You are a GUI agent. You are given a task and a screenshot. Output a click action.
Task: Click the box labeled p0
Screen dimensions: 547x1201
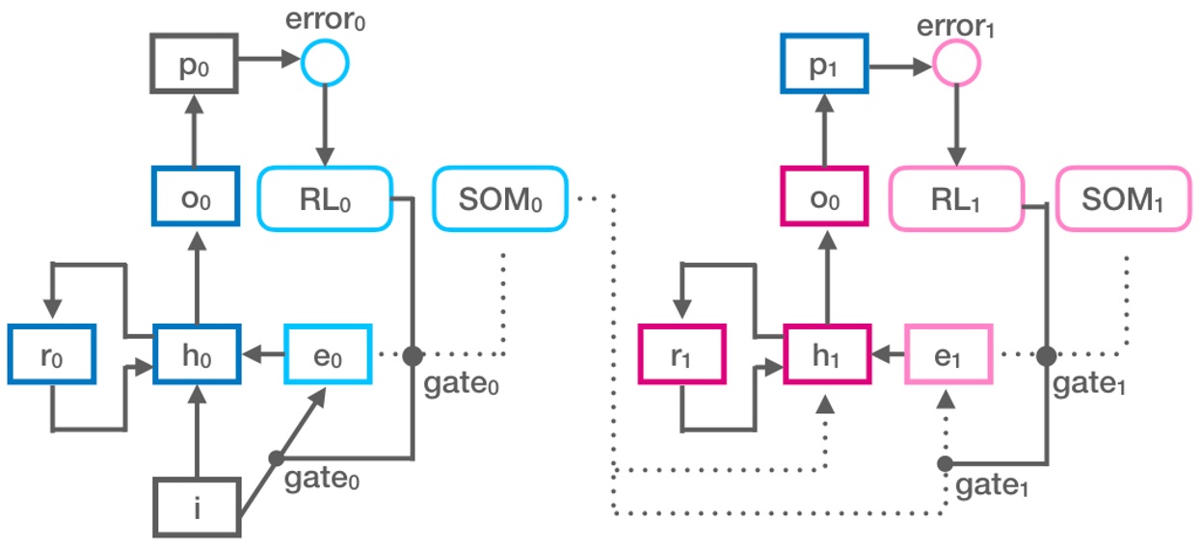point(196,66)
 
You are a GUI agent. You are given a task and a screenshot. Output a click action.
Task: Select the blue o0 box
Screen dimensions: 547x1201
point(196,198)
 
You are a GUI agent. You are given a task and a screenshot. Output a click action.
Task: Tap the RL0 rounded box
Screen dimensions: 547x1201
point(325,199)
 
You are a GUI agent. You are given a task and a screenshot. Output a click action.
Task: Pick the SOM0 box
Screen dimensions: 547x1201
point(501,199)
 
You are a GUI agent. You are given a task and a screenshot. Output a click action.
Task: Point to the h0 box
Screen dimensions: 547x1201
point(196,354)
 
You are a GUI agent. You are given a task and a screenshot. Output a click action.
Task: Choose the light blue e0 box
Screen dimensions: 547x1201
point(328,354)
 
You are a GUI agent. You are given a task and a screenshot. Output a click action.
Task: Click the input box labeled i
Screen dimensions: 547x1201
point(196,506)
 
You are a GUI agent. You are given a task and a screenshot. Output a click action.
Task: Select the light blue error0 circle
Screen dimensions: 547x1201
point(325,65)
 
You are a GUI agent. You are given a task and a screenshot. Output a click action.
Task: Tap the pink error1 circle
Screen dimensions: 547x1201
point(955,65)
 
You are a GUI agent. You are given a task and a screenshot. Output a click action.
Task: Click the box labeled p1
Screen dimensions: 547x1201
point(825,66)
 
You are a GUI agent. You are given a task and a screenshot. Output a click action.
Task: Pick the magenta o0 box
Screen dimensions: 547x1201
point(825,198)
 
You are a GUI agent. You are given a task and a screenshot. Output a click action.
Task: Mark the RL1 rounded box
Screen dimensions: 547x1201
point(955,199)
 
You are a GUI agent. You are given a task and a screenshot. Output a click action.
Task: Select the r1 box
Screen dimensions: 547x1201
point(682,354)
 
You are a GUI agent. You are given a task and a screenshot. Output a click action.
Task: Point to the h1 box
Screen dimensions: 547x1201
point(825,354)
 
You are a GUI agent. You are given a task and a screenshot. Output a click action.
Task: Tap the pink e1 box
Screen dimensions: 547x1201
point(949,354)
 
